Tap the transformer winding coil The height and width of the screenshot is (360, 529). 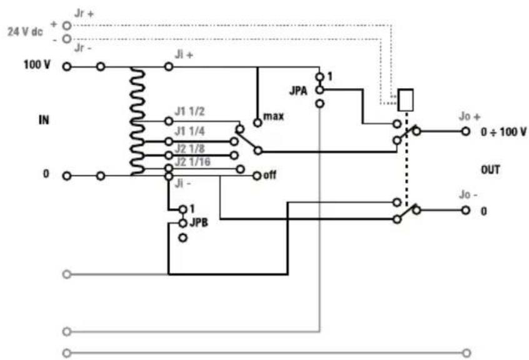pyautogui.click(x=137, y=121)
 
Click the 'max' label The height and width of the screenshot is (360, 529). pyautogui.click(x=274, y=117)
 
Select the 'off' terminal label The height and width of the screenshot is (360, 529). pyautogui.click(x=270, y=174)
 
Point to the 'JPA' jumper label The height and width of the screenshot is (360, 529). pyautogui.click(x=298, y=91)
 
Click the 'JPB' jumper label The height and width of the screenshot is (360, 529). pyautogui.click(x=199, y=222)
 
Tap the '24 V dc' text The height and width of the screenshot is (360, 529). pyautogui.click(x=25, y=32)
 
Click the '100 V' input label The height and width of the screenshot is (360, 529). pyautogui.click(x=37, y=64)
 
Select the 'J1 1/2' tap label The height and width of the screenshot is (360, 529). pyautogui.click(x=189, y=111)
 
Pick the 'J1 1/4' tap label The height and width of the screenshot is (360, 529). pyautogui.click(x=189, y=131)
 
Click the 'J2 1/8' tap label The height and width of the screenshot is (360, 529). pyautogui.click(x=189, y=149)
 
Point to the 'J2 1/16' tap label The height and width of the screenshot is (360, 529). pyautogui.click(x=193, y=162)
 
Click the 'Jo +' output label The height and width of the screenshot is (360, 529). pyautogui.click(x=470, y=117)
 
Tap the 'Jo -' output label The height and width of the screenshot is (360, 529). pyautogui.click(x=468, y=194)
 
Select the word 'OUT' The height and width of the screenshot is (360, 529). pyautogui.click(x=490, y=169)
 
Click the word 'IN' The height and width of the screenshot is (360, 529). pyautogui.click(x=44, y=120)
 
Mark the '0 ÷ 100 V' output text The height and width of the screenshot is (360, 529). pyautogui.click(x=504, y=132)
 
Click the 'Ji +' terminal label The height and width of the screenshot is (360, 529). pyautogui.click(x=184, y=54)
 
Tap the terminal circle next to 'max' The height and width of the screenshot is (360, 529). pyautogui.click(x=258, y=122)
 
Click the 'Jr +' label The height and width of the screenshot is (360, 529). pyautogui.click(x=84, y=14)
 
